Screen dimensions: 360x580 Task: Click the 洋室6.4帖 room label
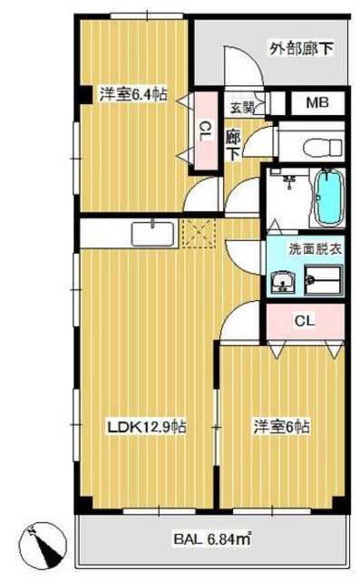[x=132, y=94]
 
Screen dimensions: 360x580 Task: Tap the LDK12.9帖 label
[x=147, y=427]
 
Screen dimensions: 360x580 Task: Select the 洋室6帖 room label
[x=282, y=427]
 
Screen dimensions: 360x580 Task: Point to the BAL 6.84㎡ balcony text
[x=213, y=539]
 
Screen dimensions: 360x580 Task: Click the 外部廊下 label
[x=301, y=48]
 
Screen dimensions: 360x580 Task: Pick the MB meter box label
[x=317, y=102]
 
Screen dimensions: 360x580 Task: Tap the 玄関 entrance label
[x=242, y=108]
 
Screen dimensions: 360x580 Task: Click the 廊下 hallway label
[x=233, y=146]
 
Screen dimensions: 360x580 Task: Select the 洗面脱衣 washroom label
[x=315, y=249]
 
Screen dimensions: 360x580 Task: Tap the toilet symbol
[x=322, y=147]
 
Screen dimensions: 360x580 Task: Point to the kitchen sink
[x=153, y=234]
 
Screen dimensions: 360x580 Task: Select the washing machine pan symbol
[x=324, y=280]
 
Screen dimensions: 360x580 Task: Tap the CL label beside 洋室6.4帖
[x=205, y=131]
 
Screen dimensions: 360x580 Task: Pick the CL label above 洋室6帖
[x=305, y=320]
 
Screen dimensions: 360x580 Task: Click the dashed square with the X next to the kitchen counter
[x=199, y=233]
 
